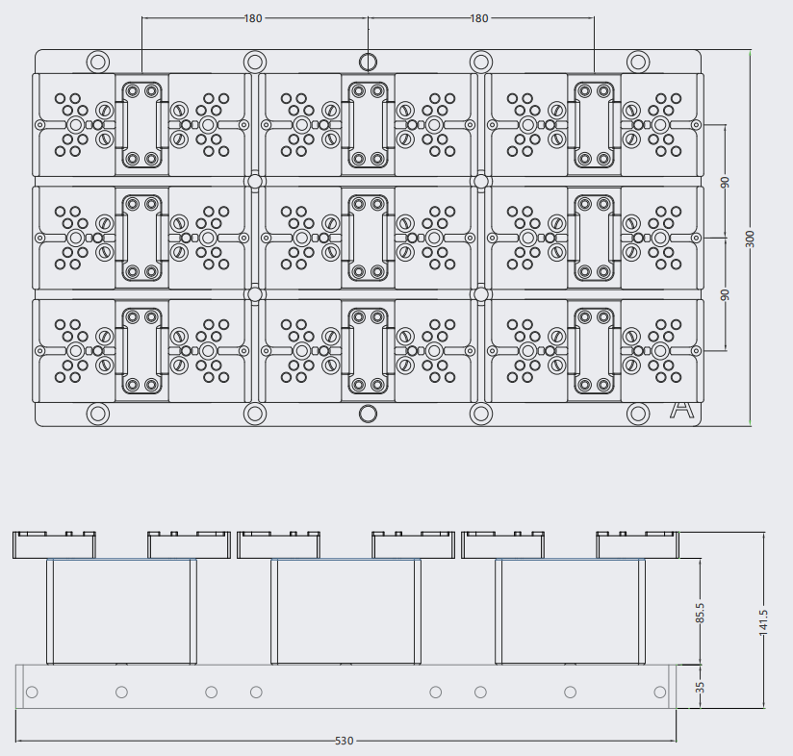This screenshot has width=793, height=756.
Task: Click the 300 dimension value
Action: click(x=750, y=239)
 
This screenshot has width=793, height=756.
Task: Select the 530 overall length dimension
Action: click(x=345, y=741)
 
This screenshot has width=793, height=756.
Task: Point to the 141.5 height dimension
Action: click(x=763, y=621)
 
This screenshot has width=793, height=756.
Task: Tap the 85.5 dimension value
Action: click(x=700, y=613)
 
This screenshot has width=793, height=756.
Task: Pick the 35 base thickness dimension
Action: click(x=700, y=688)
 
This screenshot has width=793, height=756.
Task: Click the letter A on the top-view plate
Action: click(x=681, y=410)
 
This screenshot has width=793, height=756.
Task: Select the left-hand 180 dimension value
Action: click(x=253, y=18)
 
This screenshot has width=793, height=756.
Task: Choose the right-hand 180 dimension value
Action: click(x=479, y=18)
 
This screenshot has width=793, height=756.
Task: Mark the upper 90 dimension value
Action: click(x=725, y=182)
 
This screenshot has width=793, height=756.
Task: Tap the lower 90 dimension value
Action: click(x=725, y=294)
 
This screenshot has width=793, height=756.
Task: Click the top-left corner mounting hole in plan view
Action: click(x=98, y=63)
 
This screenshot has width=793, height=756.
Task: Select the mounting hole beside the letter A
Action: click(x=638, y=414)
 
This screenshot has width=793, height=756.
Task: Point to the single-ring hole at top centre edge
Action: click(x=369, y=63)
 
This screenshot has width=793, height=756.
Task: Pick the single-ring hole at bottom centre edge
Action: click(x=369, y=414)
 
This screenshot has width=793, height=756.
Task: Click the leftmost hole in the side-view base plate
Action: click(x=32, y=692)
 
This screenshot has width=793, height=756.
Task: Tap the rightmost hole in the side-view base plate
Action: click(x=660, y=692)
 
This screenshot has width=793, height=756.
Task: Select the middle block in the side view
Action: click(x=345, y=612)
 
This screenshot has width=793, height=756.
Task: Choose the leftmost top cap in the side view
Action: click(x=54, y=544)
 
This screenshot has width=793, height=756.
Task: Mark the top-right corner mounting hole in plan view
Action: click(x=638, y=63)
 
